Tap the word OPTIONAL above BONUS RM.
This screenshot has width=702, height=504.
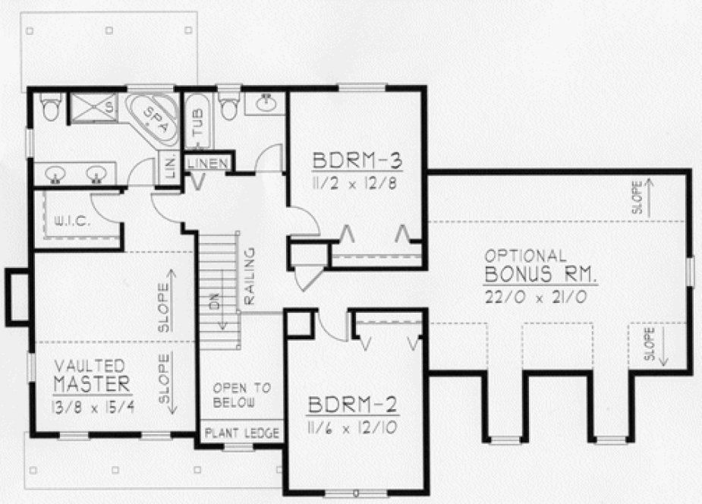click(x=526, y=255)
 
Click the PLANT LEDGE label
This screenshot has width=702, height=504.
click(x=241, y=434)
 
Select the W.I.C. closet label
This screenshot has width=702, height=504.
click(x=73, y=222)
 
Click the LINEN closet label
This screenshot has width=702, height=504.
click(x=205, y=162)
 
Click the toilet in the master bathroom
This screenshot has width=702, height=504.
click(x=52, y=108)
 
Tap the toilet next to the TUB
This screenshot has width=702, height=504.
click(x=229, y=109)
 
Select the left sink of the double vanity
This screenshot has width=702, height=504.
click(x=55, y=175)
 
